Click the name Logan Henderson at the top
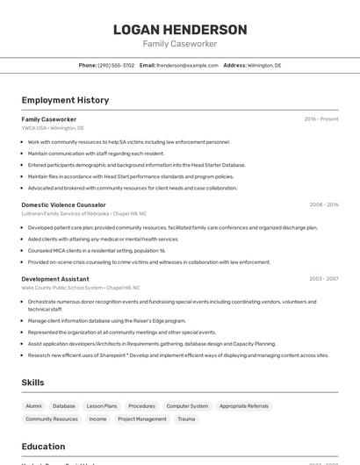click(x=180, y=30)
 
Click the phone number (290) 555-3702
click(x=116, y=65)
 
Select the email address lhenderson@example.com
click(x=187, y=65)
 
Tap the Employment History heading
click(x=65, y=100)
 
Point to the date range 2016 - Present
click(x=321, y=119)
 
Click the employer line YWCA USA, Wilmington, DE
click(x=53, y=128)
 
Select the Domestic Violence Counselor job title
click(x=63, y=204)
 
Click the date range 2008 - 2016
click(x=324, y=204)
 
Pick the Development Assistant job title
click(x=55, y=279)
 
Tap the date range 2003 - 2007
click(x=324, y=279)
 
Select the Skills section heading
click(x=32, y=383)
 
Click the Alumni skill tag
click(x=33, y=406)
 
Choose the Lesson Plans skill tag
click(x=101, y=406)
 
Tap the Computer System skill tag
click(x=187, y=406)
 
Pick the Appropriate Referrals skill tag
click(x=244, y=406)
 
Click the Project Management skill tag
click(x=142, y=419)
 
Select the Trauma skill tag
click(x=186, y=419)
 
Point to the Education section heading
click(x=43, y=447)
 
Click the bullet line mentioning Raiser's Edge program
click(x=106, y=321)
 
